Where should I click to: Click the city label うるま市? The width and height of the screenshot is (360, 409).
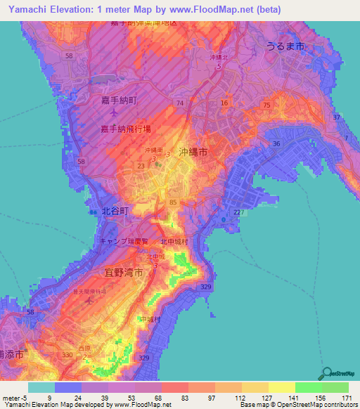pos(285,45)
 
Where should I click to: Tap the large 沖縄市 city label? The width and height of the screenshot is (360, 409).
pos(193,151)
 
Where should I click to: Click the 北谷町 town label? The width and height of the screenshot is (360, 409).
pos(116,210)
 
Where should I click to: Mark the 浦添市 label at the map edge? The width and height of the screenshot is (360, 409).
pos(12,356)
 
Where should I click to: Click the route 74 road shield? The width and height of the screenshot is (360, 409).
pos(181,103)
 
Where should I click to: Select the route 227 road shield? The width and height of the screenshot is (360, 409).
pos(240,213)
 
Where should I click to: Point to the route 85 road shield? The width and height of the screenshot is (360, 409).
pos(173,202)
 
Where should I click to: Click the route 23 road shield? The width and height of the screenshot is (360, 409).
pos(141,166)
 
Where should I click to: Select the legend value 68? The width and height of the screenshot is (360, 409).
pos(148,398)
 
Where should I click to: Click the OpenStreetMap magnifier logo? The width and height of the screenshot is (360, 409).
pos(326,373)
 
